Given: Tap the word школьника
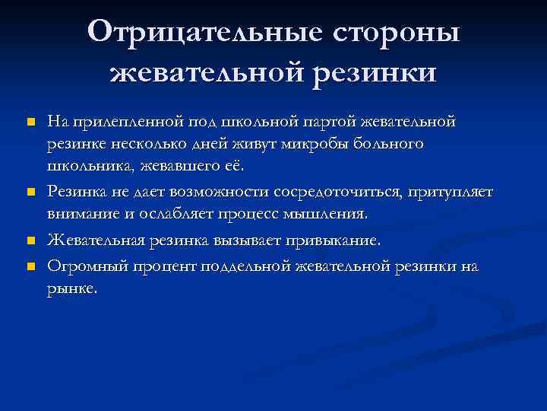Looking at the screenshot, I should tap(85, 167).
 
